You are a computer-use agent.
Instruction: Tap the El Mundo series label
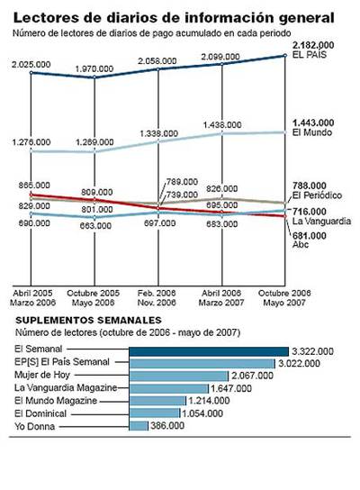[x=310, y=133]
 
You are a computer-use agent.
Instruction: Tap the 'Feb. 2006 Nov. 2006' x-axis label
[x=159, y=299]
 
